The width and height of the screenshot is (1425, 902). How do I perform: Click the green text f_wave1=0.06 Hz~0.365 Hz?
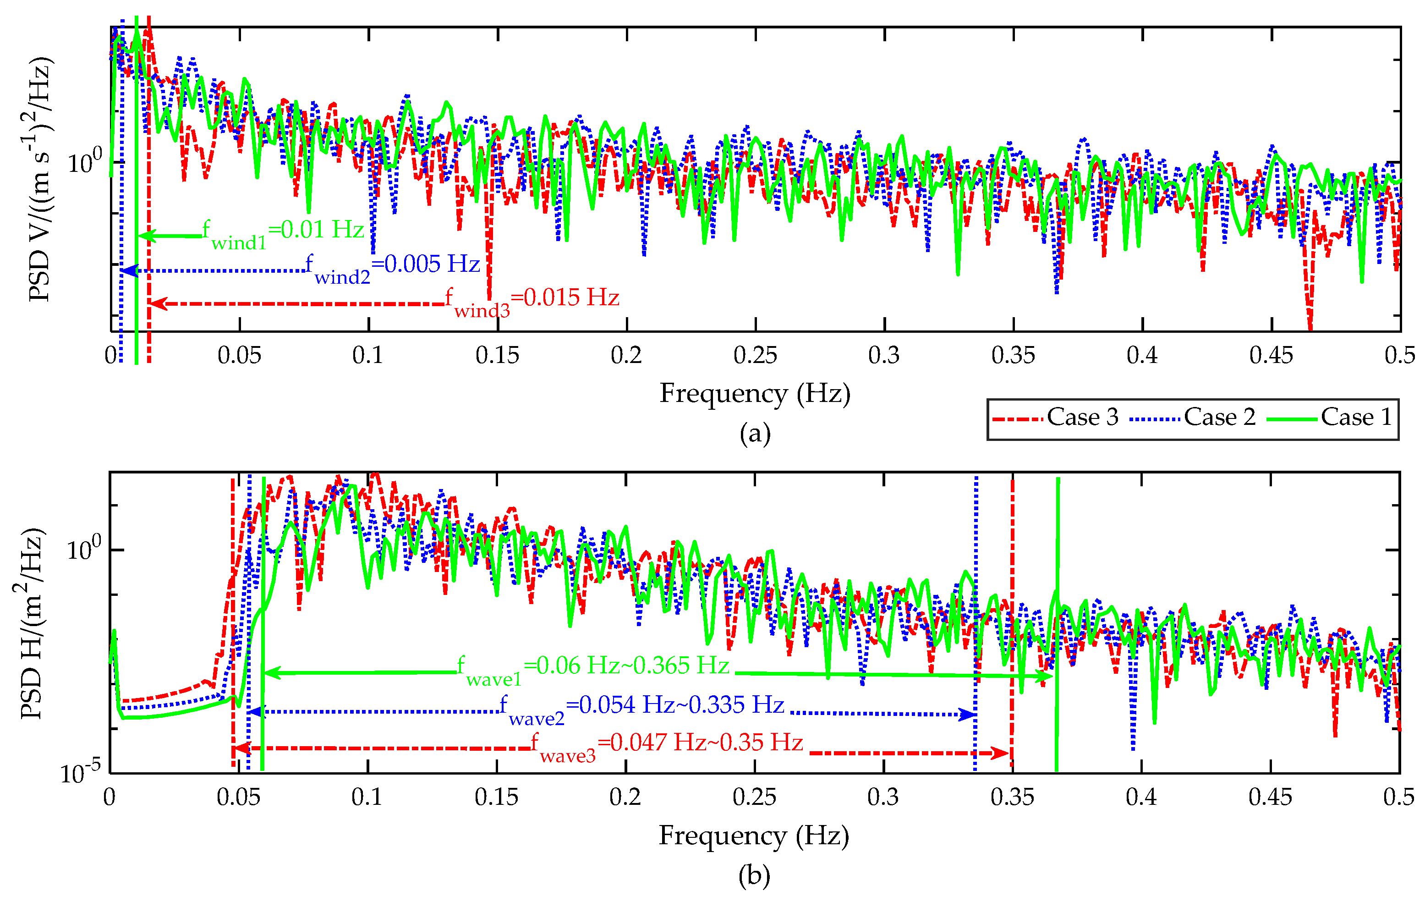coord(593,668)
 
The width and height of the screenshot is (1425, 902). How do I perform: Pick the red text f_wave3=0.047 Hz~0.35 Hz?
coord(667,745)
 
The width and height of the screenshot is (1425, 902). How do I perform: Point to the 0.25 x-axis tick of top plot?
coord(755,355)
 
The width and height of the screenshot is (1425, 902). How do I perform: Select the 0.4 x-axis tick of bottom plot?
coord(1141,797)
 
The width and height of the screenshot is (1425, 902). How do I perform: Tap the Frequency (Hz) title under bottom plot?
coord(754,835)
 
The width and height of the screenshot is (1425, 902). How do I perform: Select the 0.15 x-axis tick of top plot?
coord(497,355)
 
